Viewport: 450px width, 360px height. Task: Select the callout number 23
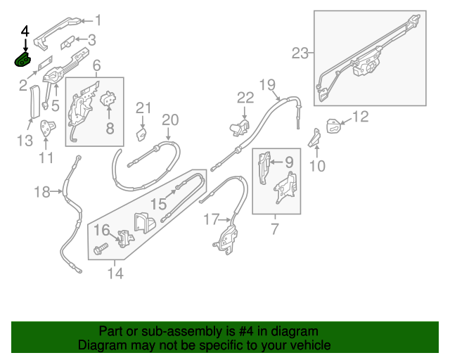click(300, 53)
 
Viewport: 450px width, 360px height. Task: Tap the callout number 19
click(266, 85)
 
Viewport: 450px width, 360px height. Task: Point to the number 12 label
click(360, 117)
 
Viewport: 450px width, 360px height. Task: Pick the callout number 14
click(115, 273)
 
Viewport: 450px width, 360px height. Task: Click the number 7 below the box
click(274, 228)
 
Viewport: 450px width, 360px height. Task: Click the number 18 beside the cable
click(43, 191)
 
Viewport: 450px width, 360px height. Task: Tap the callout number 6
click(96, 65)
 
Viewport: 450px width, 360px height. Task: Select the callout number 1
click(98, 20)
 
